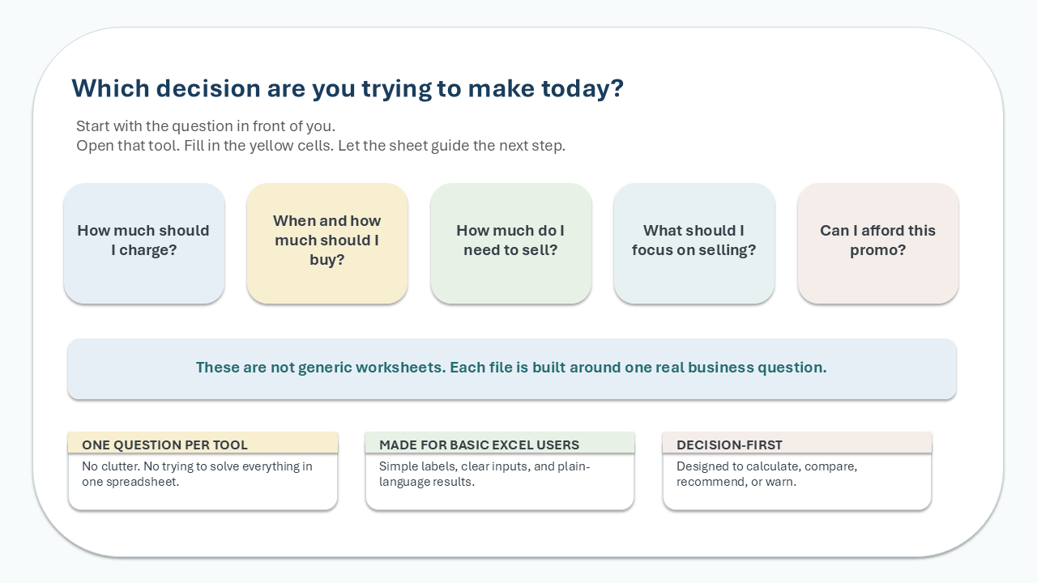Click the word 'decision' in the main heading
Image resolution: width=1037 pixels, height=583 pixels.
[208, 88]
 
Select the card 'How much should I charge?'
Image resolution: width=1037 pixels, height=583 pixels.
[144, 244]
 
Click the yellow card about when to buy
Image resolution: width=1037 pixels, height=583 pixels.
[327, 244]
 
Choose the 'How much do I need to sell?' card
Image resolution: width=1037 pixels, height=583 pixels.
[510, 244]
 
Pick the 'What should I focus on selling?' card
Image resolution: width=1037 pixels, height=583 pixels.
[694, 244]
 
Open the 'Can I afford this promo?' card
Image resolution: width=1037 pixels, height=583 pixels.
[877, 244]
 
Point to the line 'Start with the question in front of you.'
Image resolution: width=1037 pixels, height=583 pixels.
[206, 126]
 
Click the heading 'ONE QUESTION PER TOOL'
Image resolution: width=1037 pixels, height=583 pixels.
[164, 445]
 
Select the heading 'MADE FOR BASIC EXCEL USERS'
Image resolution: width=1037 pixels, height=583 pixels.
[479, 445]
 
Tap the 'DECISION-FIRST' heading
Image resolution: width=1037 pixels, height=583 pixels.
[729, 445]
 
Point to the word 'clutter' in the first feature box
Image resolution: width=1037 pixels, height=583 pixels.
[121, 466]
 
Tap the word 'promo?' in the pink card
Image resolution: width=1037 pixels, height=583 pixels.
[877, 250]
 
